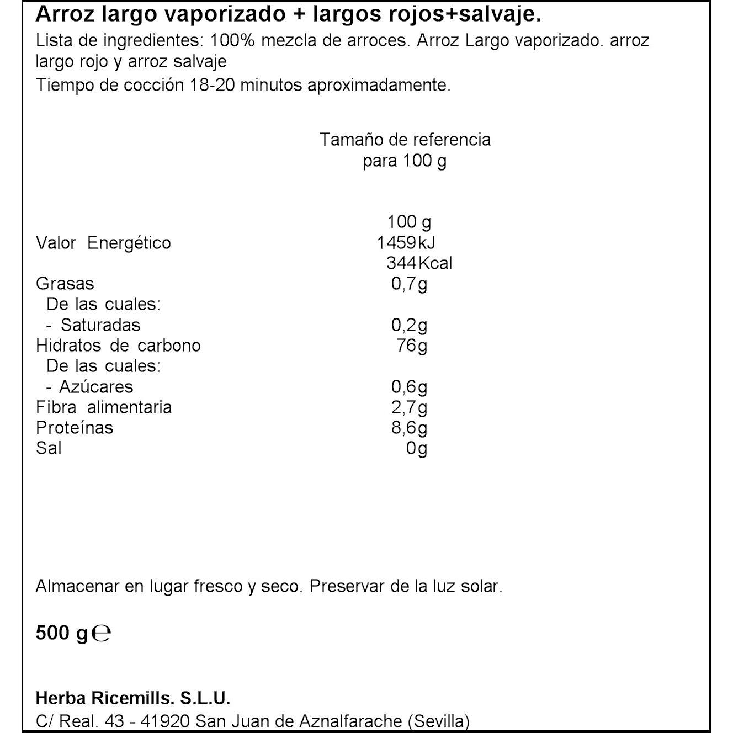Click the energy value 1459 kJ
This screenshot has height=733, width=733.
click(406, 243)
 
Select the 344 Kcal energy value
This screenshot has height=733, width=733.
click(419, 263)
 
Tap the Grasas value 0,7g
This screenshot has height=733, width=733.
click(409, 284)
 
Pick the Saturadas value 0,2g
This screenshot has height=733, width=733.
click(409, 325)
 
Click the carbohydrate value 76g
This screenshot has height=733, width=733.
click(412, 346)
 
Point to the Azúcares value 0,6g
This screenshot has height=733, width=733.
click(409, 387)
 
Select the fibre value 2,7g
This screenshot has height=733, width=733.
click(409, 408)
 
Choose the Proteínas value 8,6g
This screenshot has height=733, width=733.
click(409, 428)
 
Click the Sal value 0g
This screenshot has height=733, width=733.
click(417, 449)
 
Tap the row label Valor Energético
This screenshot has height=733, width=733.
click(103, 243)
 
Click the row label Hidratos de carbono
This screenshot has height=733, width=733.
click(118, 346)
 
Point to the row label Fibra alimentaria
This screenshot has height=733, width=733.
click(104, 408)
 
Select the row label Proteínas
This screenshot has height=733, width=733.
click(75, 428)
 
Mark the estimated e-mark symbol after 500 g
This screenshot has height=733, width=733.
click(101, 633)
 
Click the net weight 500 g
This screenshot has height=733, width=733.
click(61, 633)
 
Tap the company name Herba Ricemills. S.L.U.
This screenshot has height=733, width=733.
click(132, 698)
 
